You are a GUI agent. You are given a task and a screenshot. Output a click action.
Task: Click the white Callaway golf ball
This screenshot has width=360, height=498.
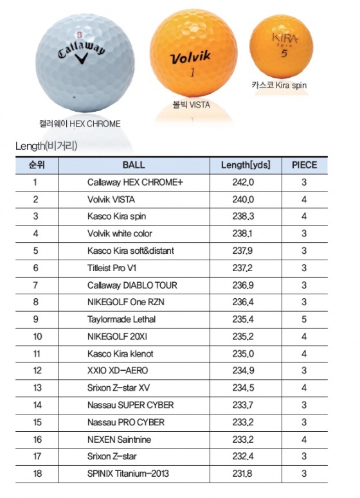(x=85, y=63)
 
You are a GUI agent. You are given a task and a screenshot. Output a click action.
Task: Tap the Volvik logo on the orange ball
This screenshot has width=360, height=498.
(x=190, y=57)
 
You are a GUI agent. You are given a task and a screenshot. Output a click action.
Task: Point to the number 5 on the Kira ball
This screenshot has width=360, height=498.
(x=284, y=53)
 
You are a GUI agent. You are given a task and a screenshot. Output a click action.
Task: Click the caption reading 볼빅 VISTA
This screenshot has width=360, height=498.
(x=192, y=105)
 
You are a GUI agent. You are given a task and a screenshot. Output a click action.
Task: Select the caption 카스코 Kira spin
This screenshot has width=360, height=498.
(x=279, y=85)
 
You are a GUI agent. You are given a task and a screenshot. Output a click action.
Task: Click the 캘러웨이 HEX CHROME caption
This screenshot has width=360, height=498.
(x=80, y=123)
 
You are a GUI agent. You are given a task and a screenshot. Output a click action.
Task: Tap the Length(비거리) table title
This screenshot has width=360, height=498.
(x=46, y=146)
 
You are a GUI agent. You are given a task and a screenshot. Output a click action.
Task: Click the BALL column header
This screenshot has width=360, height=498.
(x=134, y=165)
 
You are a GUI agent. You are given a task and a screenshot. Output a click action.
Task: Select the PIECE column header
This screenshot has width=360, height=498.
(x=305, y=165)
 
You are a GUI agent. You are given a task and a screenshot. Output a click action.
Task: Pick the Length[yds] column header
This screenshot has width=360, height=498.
(x=246, y=165)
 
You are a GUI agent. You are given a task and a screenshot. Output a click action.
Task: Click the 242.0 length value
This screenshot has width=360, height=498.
(x=243, y=182)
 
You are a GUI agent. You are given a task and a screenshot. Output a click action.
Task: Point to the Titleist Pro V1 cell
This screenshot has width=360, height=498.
(x=112, y=268)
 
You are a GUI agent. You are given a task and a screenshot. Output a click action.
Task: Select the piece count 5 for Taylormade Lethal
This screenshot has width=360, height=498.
(x=304, y=319)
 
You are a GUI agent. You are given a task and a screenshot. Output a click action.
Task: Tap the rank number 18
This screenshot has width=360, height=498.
(x=37, y=474)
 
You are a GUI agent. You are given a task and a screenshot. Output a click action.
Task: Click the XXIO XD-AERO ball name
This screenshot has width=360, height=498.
(x=118, y=371)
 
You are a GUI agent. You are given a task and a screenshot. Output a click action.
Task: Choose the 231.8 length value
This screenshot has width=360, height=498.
(x=242, y=474)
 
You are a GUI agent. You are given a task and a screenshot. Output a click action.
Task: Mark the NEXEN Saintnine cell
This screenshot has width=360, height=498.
(x=119, y=440)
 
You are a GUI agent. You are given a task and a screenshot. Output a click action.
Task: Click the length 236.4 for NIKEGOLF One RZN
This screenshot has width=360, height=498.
(x=243, y=302)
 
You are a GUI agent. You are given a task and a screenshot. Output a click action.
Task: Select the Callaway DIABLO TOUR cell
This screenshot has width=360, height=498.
(x=132, y=285)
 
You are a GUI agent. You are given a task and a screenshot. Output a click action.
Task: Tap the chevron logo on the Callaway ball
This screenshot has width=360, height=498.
(x=82, y=58)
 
